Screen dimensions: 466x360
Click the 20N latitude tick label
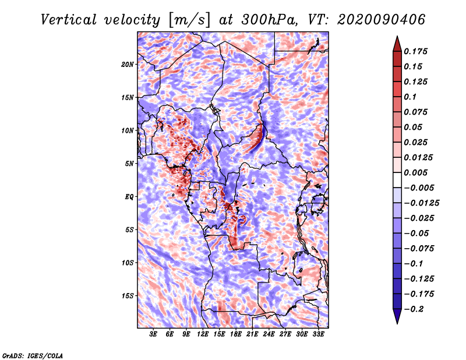click(128, 65)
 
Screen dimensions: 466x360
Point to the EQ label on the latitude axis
click(129, 197)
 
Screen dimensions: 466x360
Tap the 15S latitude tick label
click(128, 296)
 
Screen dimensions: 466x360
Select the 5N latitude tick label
click(129, 164)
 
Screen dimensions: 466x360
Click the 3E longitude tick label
click(153, 334)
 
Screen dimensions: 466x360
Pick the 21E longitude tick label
click(252, 334)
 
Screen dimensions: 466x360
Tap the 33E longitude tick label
click(318, 334)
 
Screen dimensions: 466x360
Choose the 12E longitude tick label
click(203, 334)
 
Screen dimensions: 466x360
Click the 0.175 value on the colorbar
click(415, 51)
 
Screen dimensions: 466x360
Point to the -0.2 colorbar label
click(414, 309)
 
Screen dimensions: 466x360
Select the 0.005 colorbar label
click(415, 172)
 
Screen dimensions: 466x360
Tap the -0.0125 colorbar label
click(422, 203)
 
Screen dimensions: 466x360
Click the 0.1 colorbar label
click(410, 97)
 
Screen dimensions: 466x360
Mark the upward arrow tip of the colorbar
click(397, 36)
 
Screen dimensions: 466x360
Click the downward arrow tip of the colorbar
click(397, 323)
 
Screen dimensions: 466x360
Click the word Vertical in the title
click(69, 20)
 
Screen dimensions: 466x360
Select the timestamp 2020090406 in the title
click(382, 20)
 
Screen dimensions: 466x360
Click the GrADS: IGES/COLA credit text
click(33, 355)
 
